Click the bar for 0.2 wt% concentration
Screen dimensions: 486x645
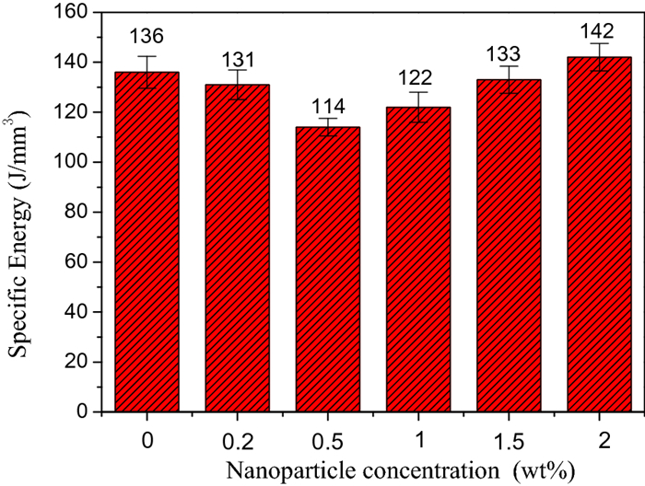pos(237,248)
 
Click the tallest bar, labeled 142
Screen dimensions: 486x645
pos(598,234)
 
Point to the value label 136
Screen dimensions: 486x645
pos(147,38)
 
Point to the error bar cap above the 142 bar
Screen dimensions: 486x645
pos(598,43)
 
